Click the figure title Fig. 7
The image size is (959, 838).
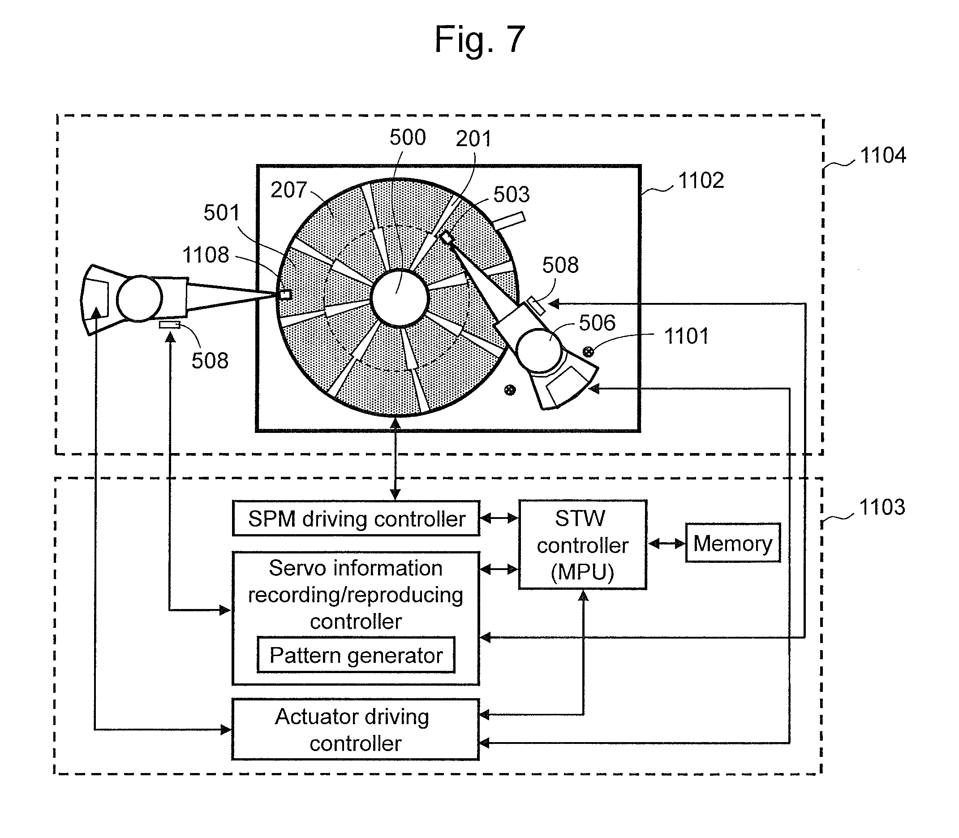(x=480, y=40)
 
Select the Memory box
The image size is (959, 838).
(x=732, y=543)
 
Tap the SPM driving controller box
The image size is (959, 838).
(x=356, y=518)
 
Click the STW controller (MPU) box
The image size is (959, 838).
(x=583, y=545)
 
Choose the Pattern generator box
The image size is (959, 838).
(x=356, y=655)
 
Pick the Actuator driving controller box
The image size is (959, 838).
(x=355, y=730)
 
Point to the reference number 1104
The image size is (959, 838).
(x=883, y=155)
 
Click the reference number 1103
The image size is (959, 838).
(x=882, y=507)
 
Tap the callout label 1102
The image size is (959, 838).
(x=701, y=181)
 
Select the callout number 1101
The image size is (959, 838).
(x=686, y=336)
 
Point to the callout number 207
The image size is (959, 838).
(x=288, y=190)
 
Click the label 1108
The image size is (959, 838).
(x=206, y=255)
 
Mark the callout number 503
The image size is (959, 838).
(x=511, y=194)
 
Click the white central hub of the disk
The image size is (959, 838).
(x=400, y=298)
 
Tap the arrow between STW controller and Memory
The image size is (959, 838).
(x=667, y=544)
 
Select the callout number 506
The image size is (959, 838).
(x=597, y=323)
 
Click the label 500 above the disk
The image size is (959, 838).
(x=408, y=138)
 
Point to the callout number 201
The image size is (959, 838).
(x=473, y=139)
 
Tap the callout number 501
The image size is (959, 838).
(x=221, y=213)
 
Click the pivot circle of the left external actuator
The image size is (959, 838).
(x=139, y=298)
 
